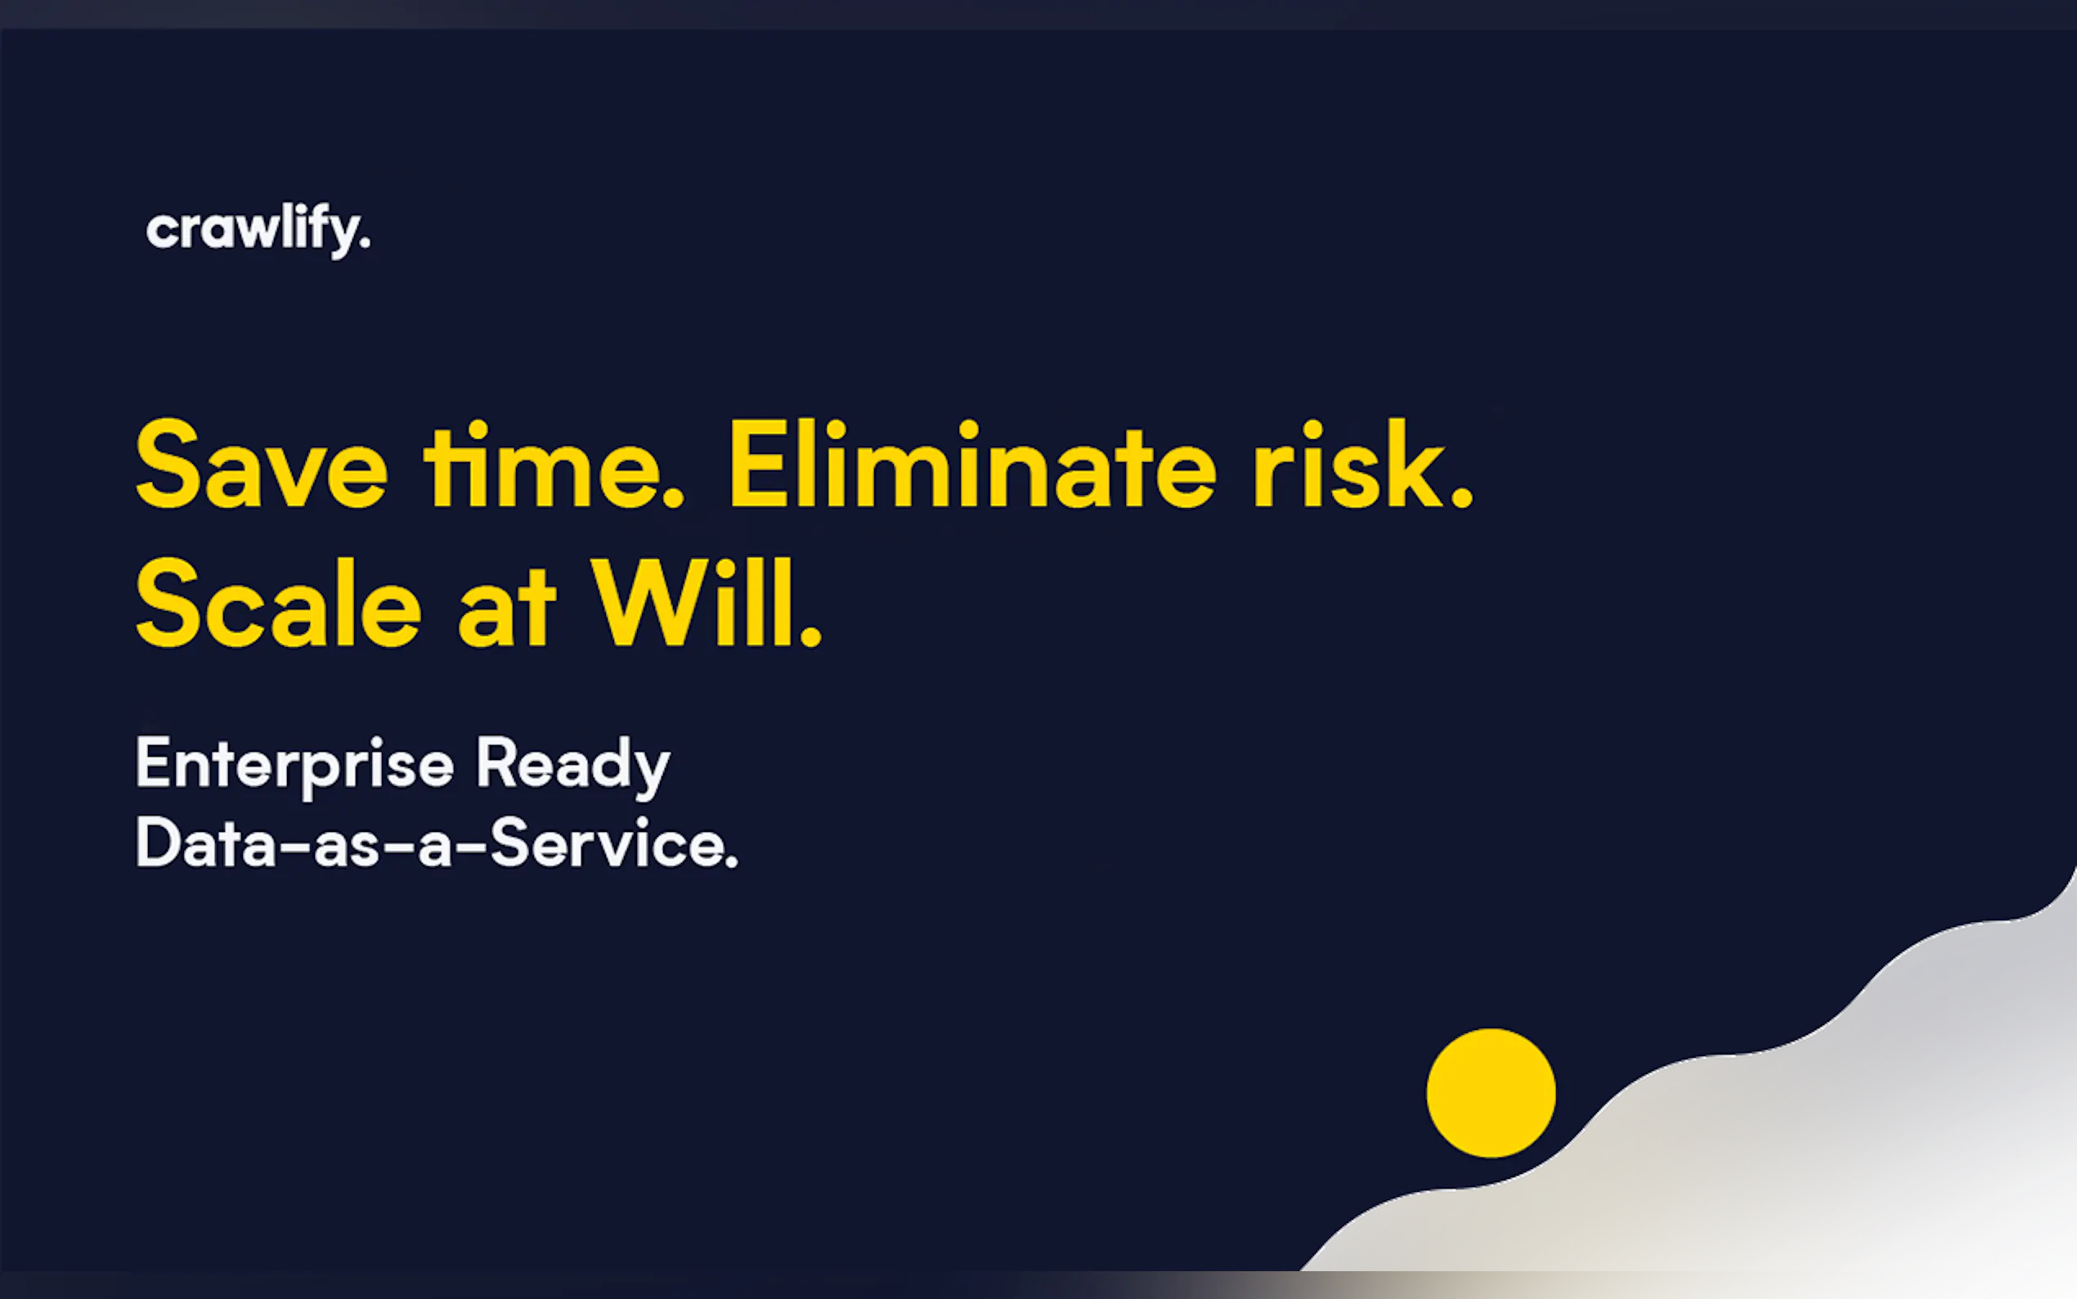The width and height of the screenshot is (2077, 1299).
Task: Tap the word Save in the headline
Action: click(262, 464)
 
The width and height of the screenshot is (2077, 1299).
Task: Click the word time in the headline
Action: click(554, 464)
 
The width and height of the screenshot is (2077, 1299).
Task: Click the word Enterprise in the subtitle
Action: click(294, 765)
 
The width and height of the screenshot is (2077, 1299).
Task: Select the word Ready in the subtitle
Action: click(573, 765)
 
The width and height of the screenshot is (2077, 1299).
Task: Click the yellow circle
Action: click(1492, 1093)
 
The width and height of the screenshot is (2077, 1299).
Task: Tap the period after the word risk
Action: click(1461, 496)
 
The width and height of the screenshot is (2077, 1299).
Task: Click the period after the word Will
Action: click(810, 635)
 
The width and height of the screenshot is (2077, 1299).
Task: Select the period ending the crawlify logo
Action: click(365, 245)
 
